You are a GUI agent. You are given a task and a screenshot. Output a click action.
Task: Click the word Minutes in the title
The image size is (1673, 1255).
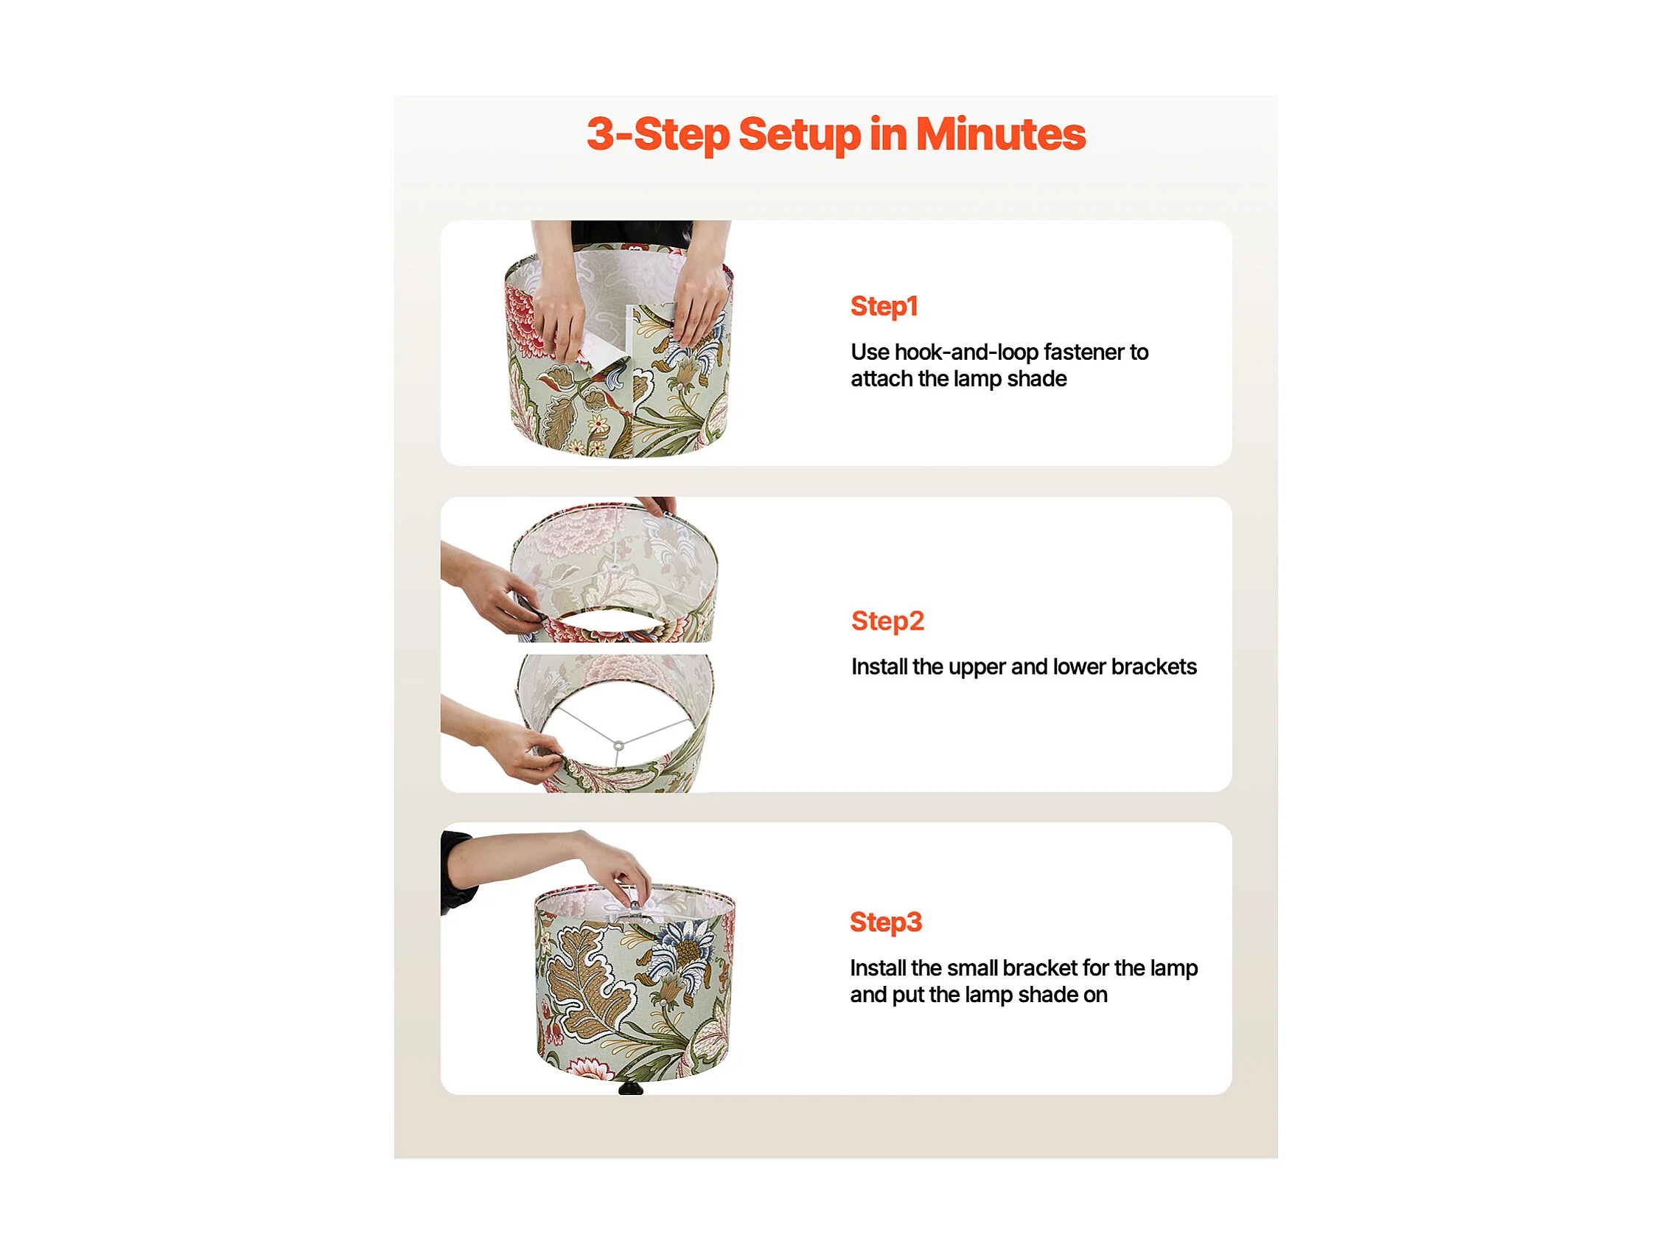point(1000,134)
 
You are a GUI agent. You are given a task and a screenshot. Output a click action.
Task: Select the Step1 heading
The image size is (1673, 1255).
point(884,306)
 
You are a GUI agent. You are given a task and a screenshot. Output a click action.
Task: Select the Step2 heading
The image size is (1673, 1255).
point(887,621)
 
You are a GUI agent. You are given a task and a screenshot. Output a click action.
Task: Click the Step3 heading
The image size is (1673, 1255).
point(886,922)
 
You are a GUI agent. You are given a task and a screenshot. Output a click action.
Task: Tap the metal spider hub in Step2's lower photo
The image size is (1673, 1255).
point(618,746)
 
